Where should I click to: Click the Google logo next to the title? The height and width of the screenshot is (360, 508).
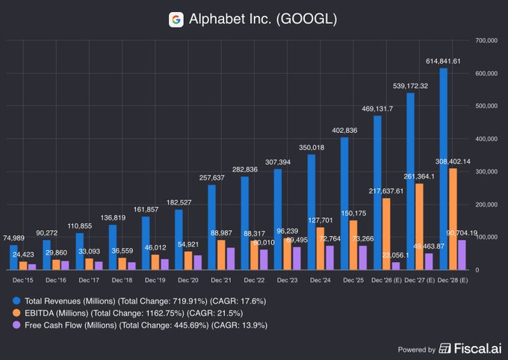pyautogui.click(x=176, y=20)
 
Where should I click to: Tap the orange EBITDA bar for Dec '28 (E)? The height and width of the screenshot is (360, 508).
pyautogui.click(x=453, y=219)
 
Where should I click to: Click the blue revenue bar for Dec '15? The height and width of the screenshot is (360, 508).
pyautogui.click(x=13, y=257)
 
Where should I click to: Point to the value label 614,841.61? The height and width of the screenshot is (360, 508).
pyautogui.click(x=448, y=61)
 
